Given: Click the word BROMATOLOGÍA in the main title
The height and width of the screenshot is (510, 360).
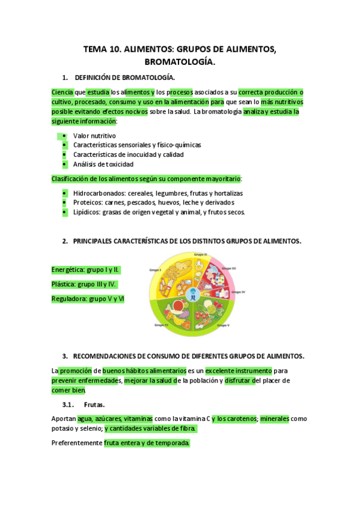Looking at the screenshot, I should (179, 62).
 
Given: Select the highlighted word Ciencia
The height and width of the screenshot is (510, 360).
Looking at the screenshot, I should (63, 92).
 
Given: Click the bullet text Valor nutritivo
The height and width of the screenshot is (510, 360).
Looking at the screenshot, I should (94, 136).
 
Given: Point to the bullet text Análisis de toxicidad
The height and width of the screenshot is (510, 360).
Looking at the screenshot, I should (103, 164).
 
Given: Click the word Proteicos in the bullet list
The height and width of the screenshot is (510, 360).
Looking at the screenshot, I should (87, 203).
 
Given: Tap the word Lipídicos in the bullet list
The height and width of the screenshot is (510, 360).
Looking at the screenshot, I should (87, 212).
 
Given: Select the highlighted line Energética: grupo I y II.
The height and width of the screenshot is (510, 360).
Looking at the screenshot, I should (85, 269).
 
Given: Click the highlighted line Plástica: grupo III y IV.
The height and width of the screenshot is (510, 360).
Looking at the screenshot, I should (84, 284).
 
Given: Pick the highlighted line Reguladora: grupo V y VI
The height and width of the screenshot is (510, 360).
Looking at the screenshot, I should (88, 298).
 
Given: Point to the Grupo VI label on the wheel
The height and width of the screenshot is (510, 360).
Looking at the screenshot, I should (160, 325).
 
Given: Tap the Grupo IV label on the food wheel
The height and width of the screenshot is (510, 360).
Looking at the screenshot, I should (239, 291).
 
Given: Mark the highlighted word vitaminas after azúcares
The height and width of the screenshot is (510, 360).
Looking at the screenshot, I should (138, 419).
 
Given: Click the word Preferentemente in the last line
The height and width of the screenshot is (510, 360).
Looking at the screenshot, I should (77, 443).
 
